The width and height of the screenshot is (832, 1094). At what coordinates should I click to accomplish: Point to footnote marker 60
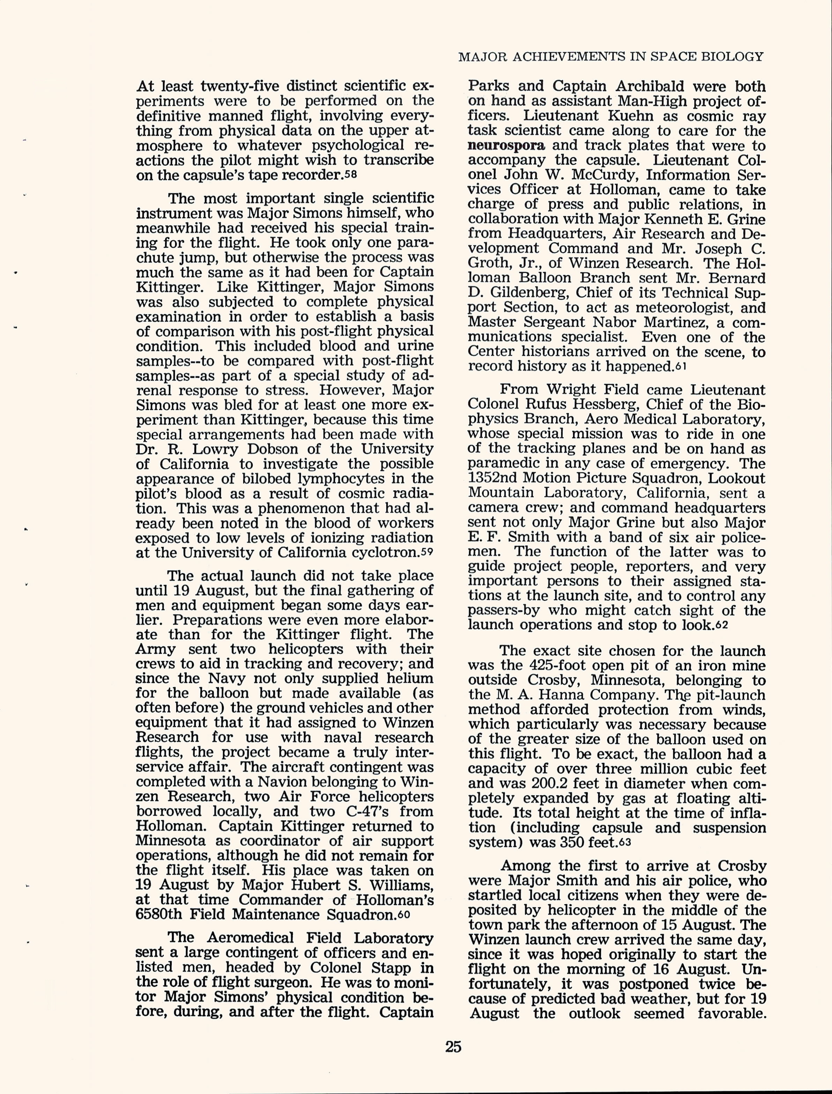point(404,914)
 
